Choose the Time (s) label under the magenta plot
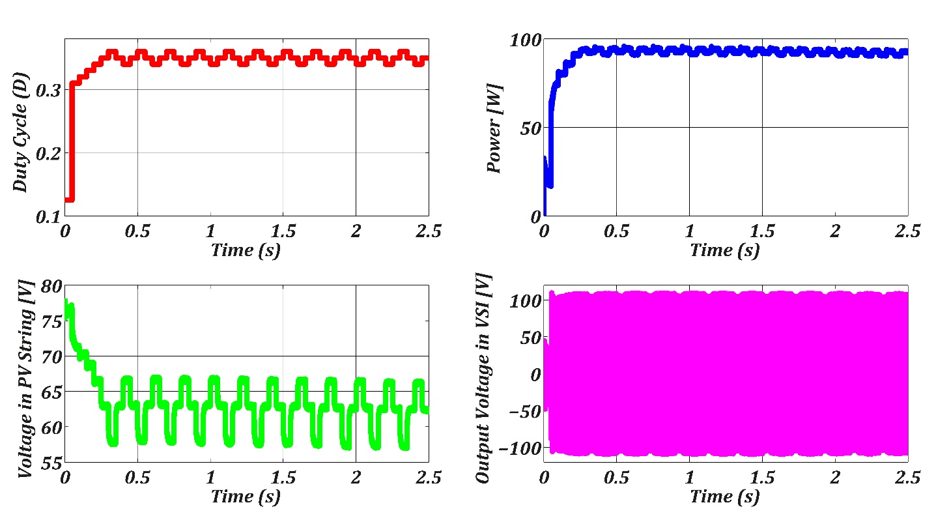(x=725, y=497)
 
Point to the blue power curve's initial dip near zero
(x=550, y=184)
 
